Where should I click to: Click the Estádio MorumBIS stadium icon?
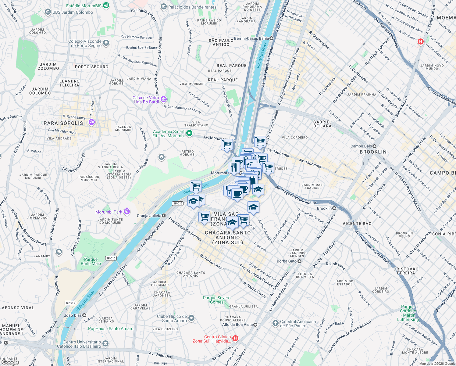point(106,5)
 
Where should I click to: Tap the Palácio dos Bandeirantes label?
point(192,7)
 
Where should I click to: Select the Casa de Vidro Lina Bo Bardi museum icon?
point(164,99)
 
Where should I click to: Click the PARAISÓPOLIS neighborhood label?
point(63,123)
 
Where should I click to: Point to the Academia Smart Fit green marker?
point(189,133)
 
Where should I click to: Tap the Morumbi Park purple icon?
point(127,212)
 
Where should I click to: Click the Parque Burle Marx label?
point(91,261)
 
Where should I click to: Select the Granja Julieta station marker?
point(164,216)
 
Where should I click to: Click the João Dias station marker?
point(84,315)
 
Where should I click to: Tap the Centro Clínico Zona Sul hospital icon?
point(235,338)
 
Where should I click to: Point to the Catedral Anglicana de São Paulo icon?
point(275,323)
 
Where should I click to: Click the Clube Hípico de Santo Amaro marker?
point(191,318)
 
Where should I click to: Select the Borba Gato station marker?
point(299,261)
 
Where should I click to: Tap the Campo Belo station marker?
point(375,146)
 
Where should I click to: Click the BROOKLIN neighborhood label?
point(373,152)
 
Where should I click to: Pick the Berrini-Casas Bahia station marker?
point(271,38)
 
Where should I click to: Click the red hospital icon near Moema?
point(420,41)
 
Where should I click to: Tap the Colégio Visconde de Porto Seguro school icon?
point(106,43)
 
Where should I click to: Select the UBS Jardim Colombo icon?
point(48,12)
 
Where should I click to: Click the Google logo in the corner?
point(10,362)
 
